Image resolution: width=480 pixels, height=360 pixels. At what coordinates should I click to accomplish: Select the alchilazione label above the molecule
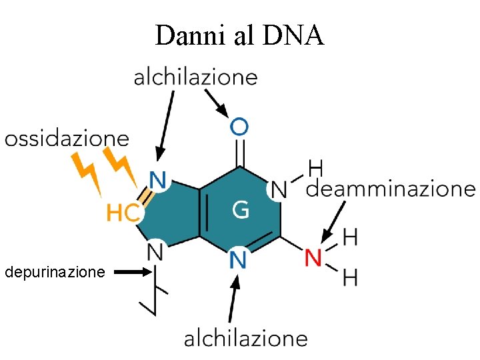click(195, 78)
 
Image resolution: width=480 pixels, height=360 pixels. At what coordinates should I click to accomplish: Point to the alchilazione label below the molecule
click(245, 339)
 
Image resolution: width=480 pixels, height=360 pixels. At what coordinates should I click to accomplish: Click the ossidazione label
click(67, 139)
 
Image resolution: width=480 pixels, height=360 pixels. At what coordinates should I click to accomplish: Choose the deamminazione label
click(391, 189)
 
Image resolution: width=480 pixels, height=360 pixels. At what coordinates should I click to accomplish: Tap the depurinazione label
click(55, 273)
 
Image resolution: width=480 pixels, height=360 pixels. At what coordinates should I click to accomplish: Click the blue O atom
click(239, 125)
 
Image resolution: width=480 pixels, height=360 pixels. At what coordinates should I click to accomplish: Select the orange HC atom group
click(124, 213)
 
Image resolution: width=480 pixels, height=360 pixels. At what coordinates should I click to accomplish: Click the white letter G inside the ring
click(241, 210)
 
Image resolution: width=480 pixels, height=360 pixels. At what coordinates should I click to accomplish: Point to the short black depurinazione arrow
click(133, 272)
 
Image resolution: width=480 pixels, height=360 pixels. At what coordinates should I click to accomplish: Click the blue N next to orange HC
click(158, 180)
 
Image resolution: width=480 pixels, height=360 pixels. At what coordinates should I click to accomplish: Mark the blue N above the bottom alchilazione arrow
click(238, 259)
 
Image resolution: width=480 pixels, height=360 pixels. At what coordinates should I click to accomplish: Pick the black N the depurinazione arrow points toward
click(155, 252)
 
